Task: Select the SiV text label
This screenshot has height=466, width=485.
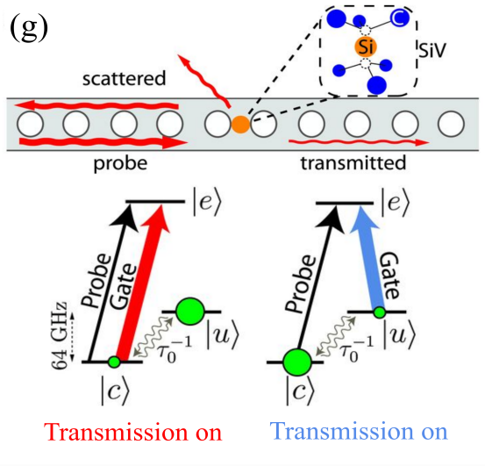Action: [432, 52]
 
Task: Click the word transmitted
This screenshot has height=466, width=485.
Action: [352, 163]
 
